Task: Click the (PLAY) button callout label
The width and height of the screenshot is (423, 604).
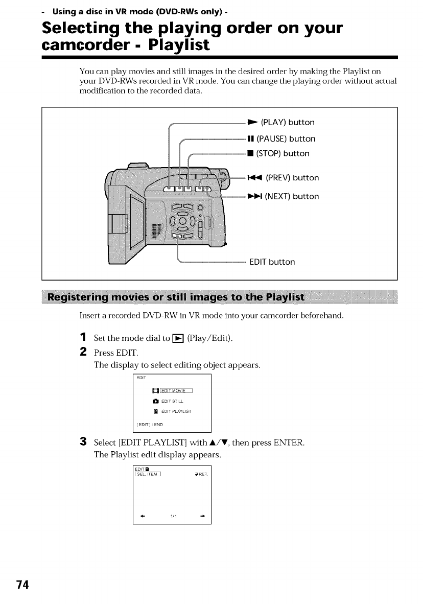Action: (287, 123)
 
